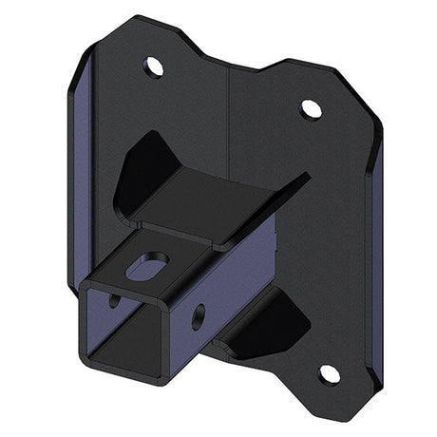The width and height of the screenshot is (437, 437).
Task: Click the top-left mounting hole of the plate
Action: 152,66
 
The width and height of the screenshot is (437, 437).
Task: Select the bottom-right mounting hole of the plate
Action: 328,373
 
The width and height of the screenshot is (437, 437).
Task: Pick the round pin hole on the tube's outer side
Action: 199,316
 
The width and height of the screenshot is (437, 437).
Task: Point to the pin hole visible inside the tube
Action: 115,299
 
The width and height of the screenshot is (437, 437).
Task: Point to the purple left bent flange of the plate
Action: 84,180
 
